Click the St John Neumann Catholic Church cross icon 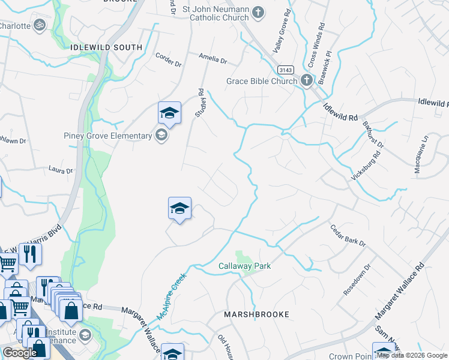tap(258, 12)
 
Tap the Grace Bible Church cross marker tap(306, 81)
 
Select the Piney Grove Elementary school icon tap(161, 136)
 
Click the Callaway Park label tap(244, 266)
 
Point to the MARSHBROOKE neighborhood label tap(256, 314)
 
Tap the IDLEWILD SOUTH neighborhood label tap(106, 47)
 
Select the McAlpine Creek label tap(172, 297)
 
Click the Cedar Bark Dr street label tap(348, 235)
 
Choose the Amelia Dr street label tap(213, 60)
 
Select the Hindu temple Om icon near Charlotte tap(40, 26)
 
